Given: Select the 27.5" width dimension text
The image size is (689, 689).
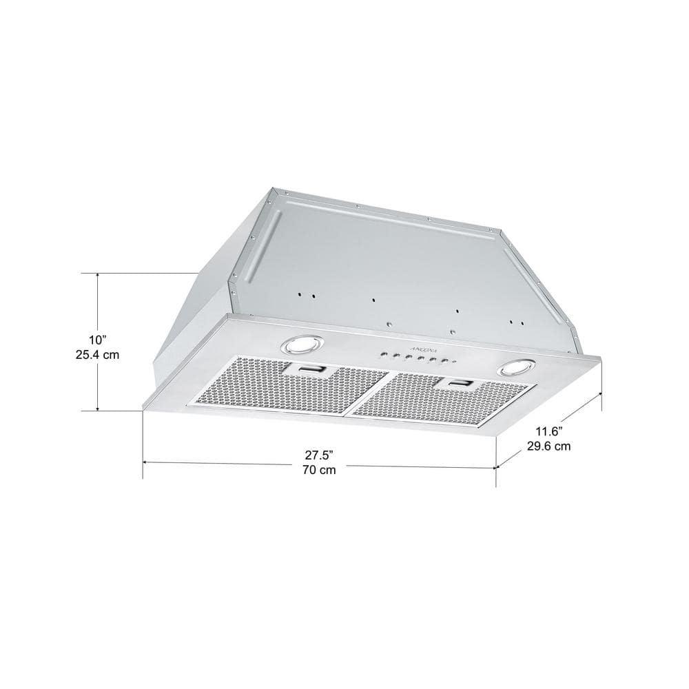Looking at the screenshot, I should [319, 455].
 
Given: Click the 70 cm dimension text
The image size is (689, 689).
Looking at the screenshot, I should [319, 471].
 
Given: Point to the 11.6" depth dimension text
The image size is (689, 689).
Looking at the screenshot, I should [548, 431].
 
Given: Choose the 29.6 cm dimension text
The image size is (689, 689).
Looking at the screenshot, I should [548, 446].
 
